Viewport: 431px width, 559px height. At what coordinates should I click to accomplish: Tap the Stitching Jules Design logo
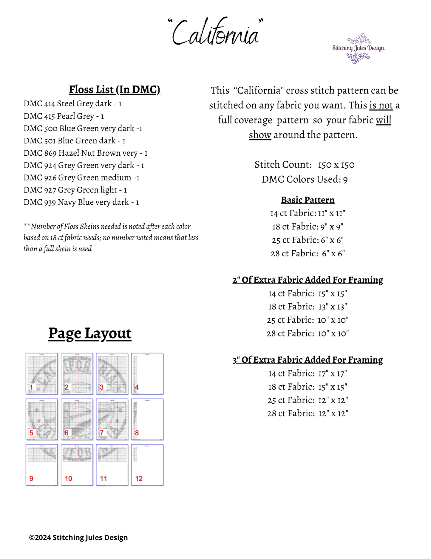coord(358,48)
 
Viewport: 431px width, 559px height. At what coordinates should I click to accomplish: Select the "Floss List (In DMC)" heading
coord(115,90)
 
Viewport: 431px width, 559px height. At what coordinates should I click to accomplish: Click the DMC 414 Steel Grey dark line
coord(72,104)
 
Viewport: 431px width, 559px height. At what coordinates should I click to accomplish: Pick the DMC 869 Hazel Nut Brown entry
coord(85,153)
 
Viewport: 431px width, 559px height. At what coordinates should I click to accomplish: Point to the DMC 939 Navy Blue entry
coord(81,202)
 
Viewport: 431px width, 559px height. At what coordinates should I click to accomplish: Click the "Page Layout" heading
coord(90,333)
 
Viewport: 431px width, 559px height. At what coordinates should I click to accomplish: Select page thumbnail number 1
coord(42,373)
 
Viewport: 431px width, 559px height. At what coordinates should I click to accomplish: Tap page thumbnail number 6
coord(77,419)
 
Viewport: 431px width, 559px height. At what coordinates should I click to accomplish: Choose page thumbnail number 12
coord(147,465)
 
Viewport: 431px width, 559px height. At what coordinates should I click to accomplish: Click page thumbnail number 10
coord(77,465)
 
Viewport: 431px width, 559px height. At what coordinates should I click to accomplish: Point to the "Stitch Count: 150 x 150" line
coord(305,165)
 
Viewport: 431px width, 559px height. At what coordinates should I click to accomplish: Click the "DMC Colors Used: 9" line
coord(305,179)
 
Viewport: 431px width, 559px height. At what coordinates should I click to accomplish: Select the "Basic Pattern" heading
coord(308,200)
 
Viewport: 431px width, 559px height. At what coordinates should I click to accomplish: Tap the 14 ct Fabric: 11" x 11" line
coord(308,213)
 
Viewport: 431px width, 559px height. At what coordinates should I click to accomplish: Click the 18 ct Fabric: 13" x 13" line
coord(308,307)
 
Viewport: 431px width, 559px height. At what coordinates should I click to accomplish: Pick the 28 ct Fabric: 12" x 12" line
coord(308,413)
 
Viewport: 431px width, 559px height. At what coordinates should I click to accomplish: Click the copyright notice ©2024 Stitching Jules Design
coord(78,537)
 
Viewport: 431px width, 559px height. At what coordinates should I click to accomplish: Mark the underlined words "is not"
coord(381,105)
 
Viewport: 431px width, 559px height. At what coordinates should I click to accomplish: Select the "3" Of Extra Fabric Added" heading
coord(308,360)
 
